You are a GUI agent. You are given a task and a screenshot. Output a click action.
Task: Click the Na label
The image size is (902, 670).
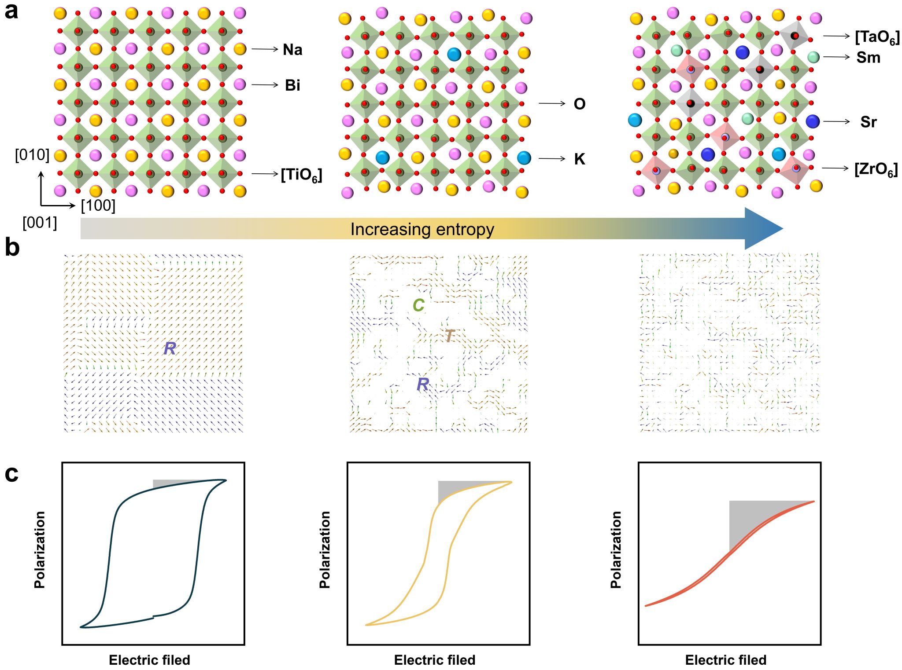pyautogui.click(x=292, y=50)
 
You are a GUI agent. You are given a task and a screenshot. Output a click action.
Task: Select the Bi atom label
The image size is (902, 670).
pyautogui.click(x=292, y=85)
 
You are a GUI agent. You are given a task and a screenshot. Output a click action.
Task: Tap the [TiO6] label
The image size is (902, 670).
pyautogui.click(x=302, y=175)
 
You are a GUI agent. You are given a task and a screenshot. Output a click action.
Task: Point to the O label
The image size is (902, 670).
pyautogui.click(x=580, y=104)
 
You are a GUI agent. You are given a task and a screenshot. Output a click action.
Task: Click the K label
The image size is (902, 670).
pyautogui.click(x=580, y=159)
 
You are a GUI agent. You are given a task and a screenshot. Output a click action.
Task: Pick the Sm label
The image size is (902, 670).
pyautogui.click(x=868, y=58)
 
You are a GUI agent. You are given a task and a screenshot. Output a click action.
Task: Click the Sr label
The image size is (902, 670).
pyautogui.click(x=868, y=122)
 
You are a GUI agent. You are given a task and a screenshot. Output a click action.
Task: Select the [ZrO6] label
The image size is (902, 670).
pyautogui.click(x=876, y=169)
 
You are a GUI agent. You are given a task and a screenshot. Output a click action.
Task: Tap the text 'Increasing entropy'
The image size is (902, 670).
pyautogui.click(x=422, y=230)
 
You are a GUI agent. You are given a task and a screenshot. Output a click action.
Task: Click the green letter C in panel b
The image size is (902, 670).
pyautogui.click(x=418, y=305)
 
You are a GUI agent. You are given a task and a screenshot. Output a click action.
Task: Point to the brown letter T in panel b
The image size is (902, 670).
pyautogui.click(x=449, y=336)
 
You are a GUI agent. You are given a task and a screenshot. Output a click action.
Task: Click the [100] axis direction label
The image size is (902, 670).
pyautogui.click(x=98, y=205)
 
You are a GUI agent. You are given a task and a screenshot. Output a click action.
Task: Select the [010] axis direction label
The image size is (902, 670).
pyautogui.click(x=32, y=155)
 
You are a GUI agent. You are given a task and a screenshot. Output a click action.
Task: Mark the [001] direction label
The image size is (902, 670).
pyautogui.click(x=40, y=223)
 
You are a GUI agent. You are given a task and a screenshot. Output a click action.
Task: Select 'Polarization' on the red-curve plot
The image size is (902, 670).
pyautogui.click(x=616, y=549)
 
